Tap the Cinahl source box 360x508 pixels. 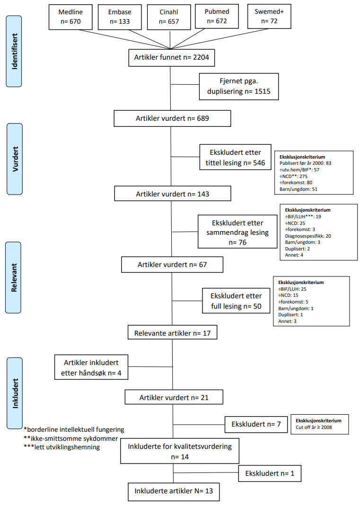169,17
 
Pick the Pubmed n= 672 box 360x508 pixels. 218,17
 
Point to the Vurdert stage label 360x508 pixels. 14,159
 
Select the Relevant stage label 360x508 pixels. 14,277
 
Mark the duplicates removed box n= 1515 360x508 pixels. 238,86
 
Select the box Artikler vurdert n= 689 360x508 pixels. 172,118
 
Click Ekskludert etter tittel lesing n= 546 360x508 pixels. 235,158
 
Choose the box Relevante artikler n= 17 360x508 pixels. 172,333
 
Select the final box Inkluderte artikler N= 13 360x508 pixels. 173,491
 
